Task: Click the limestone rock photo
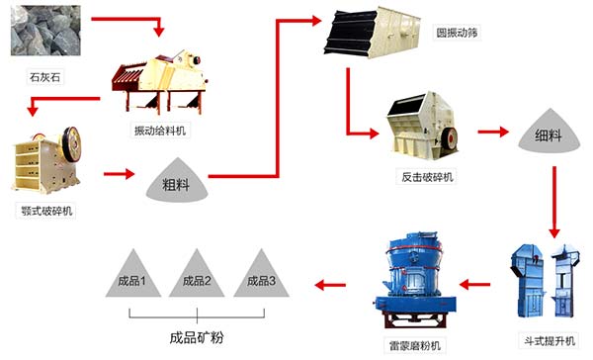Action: pos(45,31)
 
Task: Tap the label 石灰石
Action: pos(45,74)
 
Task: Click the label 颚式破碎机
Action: pos(45,210)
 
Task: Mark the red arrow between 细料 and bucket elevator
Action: pos(556,202)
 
